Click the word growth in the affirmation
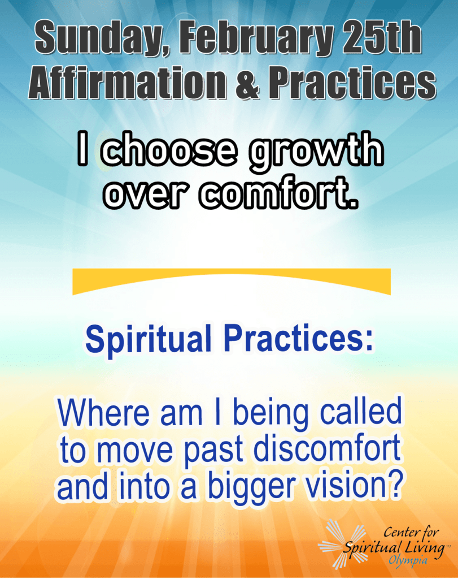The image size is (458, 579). (x=316, y=152)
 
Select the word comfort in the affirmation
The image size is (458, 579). (x=279, y=193)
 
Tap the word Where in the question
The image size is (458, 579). (x=103, y=412)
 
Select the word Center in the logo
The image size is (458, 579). (x=400, y=532)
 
